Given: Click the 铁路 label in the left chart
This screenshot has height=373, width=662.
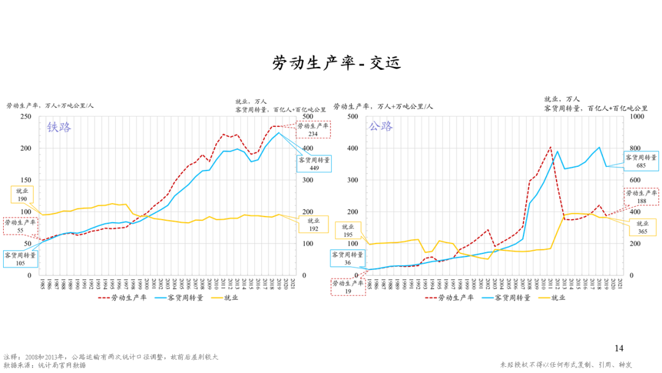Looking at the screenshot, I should click(59, 128).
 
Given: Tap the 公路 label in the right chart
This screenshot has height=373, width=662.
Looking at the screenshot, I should click(380, 126).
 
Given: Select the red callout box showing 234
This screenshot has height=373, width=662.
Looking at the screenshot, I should click(313, 129).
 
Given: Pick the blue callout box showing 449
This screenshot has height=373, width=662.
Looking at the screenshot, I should click(314, 163).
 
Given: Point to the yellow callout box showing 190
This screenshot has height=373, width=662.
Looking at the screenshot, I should click(22, 195).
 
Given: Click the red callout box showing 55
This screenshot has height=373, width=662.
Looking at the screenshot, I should click(20, 226).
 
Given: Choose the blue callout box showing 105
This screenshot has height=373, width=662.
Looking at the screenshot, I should click(20, 258).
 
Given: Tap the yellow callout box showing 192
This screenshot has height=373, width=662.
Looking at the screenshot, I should click(313, 225).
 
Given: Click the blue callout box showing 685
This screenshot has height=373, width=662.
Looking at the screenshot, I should click(642, 161).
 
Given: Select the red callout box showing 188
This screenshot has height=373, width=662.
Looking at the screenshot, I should click(642, 197).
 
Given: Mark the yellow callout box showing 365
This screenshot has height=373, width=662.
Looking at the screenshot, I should click(642, 228).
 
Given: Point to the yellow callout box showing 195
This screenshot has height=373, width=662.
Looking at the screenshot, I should click(348, 231).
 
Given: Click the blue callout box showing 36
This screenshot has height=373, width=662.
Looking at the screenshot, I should click(348, 258).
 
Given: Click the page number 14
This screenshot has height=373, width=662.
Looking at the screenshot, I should click(618, 348).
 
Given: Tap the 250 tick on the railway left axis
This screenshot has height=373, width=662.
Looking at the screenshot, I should click(26, 117).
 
